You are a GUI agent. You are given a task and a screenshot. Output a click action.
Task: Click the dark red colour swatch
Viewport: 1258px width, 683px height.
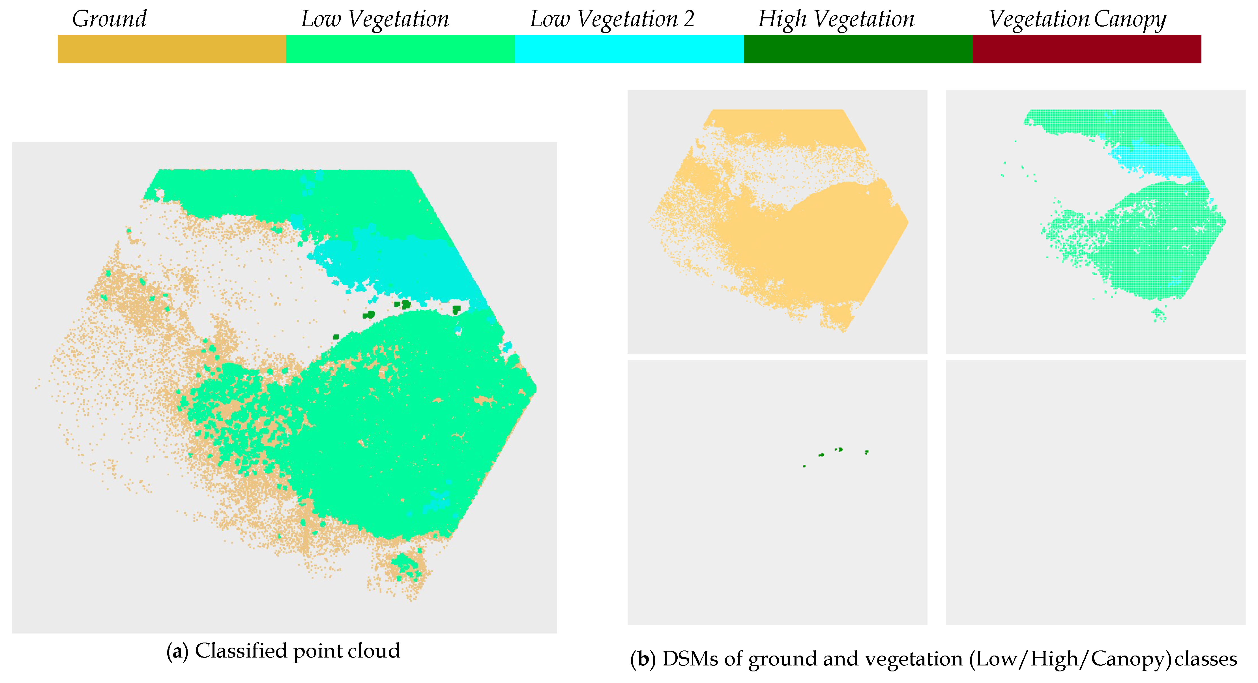pos(1087,49)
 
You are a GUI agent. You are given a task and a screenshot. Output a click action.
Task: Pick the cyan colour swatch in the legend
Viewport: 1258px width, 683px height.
pos(629,49)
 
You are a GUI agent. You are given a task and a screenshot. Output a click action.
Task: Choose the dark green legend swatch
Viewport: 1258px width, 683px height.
pos(858,49)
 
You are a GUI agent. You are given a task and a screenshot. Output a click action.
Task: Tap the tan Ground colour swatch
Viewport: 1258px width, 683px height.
pos(172,49)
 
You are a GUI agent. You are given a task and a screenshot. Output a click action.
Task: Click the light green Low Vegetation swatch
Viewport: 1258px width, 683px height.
pos(400,49)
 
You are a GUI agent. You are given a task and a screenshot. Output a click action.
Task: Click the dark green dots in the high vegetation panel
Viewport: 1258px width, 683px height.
pos(839,450)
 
